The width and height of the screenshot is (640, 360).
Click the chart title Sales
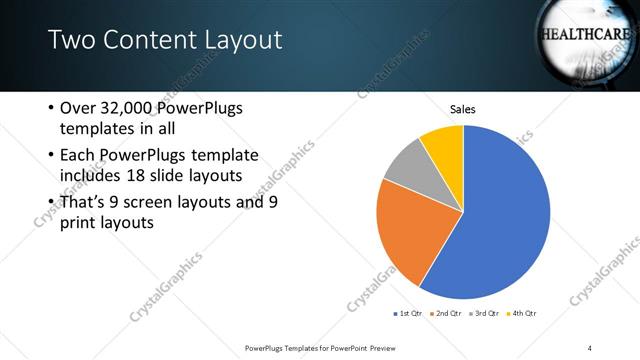pyautogui.click(x=462, y=109)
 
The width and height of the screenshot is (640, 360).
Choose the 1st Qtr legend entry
pyautogui.click(x=409, y=315)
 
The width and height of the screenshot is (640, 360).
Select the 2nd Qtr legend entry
pyautogui.click(x=446, y=315)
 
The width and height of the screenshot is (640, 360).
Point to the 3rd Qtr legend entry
pyautogui.click(x=484, y=315)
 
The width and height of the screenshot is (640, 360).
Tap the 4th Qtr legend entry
pyautogui.click(x=523, y=315)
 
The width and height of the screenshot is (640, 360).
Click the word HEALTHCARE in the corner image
pyautogui.click(x=585, y=34)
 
